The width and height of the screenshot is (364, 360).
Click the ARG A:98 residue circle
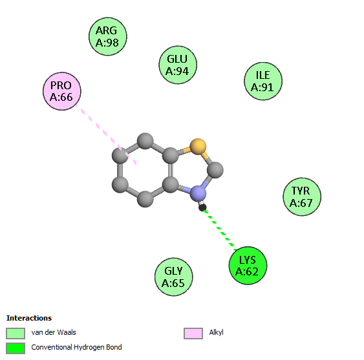point(108,36)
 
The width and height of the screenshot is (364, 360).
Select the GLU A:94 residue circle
point(178,65)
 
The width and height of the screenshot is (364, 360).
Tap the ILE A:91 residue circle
point(263,81)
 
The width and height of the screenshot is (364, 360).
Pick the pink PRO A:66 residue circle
point(62,91)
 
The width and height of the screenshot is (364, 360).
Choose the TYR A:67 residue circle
point(302,196)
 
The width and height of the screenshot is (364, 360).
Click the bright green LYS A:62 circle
point(248,266)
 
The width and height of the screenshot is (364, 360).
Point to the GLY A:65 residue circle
point(174,277)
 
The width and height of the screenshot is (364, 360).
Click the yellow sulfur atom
point(198,147)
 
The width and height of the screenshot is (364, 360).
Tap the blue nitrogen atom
point(198,193)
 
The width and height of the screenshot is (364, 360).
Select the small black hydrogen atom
point(202,207)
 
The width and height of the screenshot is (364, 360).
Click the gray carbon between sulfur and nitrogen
point(215,170)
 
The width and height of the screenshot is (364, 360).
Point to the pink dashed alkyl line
point(106,134)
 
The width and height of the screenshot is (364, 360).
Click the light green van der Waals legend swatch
point(16,334)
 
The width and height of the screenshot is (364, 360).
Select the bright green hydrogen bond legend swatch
point(16,348)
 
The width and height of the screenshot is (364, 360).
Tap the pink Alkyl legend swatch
point(193,334)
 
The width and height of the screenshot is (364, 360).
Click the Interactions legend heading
point(29,318)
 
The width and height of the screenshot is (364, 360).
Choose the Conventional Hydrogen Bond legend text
point(76,347)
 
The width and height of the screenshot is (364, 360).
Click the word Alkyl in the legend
point(216,332)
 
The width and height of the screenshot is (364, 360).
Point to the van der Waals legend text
point(54,332)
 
